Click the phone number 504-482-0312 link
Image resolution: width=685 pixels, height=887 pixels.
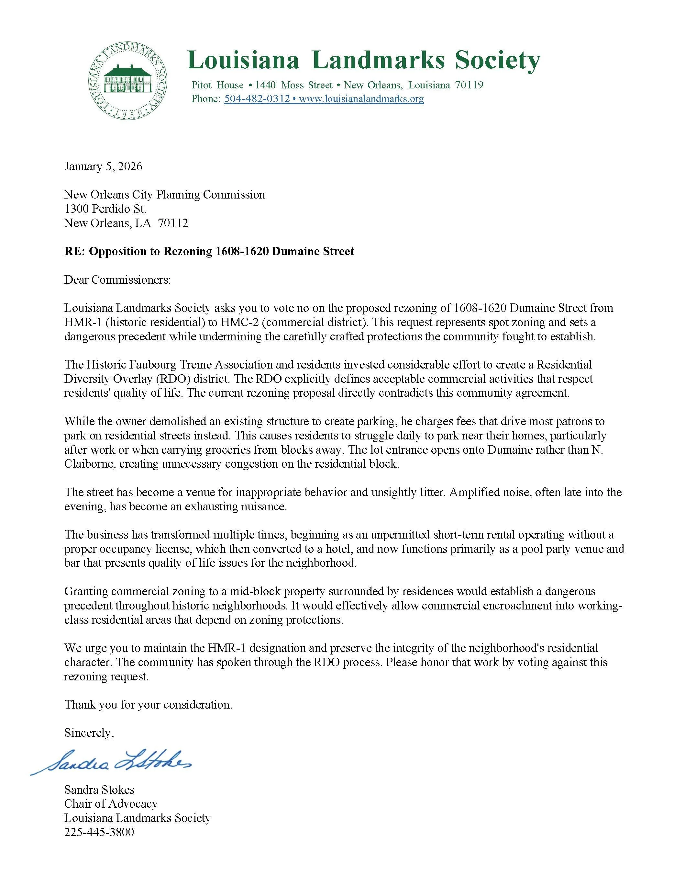click(257, 99)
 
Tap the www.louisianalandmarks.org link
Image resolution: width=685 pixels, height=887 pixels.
click(361, 99)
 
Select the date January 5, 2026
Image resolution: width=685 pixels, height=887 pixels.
click(103, 166)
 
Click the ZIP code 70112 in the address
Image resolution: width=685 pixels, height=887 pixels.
click(173, 223)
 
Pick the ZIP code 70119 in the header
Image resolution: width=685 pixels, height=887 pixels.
click(469, 85)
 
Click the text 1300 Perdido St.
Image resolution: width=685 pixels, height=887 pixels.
click(105, 209)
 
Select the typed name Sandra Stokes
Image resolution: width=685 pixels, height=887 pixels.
click(99, 789)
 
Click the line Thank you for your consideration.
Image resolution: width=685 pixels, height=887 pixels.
click(149, 704)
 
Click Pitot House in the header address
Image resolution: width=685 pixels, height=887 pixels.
click(217, 85)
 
